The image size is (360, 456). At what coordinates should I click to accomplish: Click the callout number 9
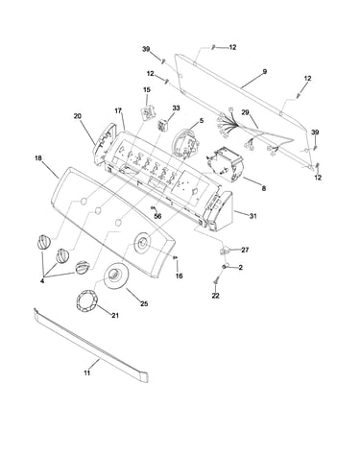(x=264, y=72)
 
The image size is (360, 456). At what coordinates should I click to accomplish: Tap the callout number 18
(x=38, y=158)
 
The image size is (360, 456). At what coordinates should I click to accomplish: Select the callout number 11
(x=87, y=372)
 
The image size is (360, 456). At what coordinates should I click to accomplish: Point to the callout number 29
(x=245, y=112)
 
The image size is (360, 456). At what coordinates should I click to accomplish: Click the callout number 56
(x=157, y=216)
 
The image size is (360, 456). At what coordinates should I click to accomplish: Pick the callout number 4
(x=42, y=281)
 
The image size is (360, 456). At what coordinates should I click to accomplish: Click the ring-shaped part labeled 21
(x=85, y=300)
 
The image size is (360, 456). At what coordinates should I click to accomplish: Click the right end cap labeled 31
(x=221, y=211)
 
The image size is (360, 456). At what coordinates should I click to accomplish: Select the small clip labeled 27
(x=225, y=250)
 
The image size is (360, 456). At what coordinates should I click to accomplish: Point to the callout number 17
(x=118, y=111)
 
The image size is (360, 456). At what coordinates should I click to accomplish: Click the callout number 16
(x=180, y=276)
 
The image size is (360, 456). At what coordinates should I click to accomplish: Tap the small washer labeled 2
(x=226, y=266)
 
